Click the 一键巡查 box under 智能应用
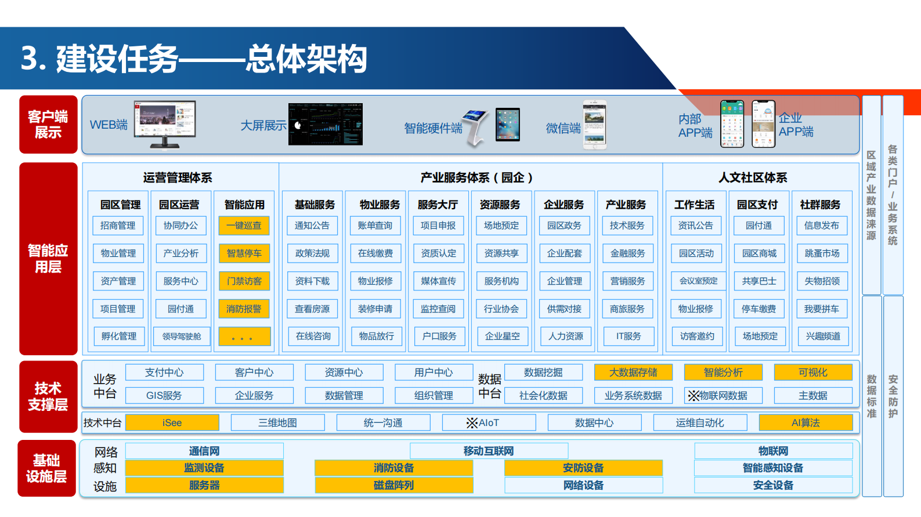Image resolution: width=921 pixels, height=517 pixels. [x=244, y=225]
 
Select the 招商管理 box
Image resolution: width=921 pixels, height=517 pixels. [x=118, y=225]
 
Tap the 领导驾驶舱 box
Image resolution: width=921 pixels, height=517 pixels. [x=181, y=336]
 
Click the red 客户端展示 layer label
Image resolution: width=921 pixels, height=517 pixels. [x=48, y=125]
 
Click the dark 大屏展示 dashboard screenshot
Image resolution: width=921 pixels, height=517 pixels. [x=325, y=124]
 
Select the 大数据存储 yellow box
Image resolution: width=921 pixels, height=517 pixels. [x=633, y=372]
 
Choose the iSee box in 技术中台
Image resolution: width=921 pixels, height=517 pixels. [x=172, y=423]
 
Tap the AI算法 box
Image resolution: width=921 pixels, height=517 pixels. [x=806, y=423]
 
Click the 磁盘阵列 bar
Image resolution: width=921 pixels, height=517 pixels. [x=393, y=485]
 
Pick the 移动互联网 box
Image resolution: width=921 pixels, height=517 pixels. [x=489, y=451]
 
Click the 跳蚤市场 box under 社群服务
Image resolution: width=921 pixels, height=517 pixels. [x=822, y=253]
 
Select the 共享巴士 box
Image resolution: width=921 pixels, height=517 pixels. [x=759, y=281]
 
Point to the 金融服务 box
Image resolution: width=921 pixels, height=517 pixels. [x=627, y=253]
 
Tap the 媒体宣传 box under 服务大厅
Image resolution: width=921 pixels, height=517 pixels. [x=438, y=281]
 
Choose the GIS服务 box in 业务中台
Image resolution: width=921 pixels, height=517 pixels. [x=164, y=395]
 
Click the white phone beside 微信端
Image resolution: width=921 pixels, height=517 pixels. [x=594, y=125]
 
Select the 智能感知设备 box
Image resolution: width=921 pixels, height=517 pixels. [x=773, y=468]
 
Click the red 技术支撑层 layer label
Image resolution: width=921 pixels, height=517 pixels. [x=48, y=396]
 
